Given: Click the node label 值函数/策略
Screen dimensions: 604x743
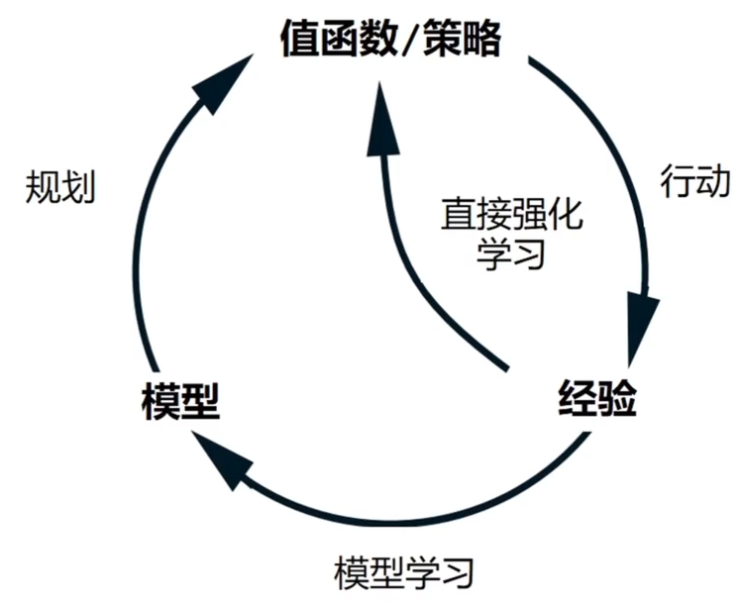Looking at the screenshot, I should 391,40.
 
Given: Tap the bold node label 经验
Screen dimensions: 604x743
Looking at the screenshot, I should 593,400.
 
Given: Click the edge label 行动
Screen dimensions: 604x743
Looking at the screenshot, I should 694,181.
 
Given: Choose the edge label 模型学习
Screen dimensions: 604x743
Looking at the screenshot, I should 404,571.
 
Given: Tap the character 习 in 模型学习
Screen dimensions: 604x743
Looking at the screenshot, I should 458,571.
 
